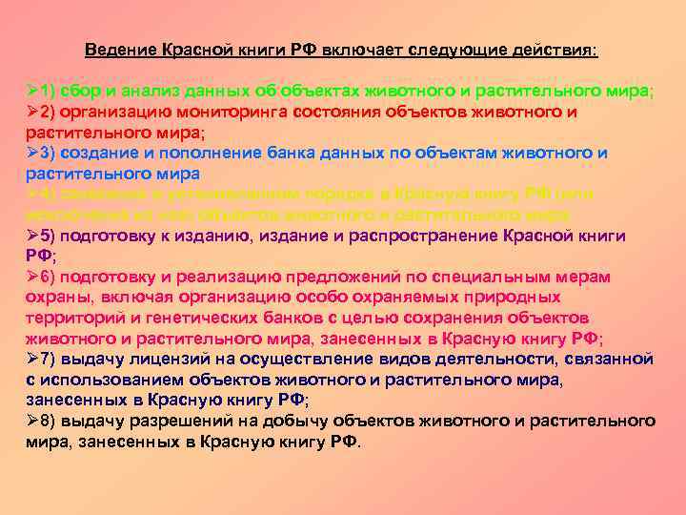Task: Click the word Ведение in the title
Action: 113,49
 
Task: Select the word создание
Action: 101,154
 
